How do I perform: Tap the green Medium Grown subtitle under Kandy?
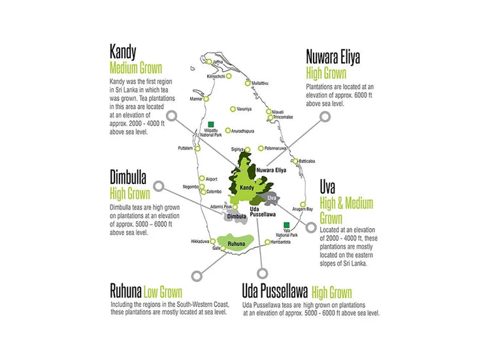[136, 68]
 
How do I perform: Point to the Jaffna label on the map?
[218, 62]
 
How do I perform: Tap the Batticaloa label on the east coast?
[307, 161]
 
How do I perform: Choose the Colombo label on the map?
[214, 191]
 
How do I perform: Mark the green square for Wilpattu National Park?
[210, 123]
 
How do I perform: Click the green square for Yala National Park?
[286, 225]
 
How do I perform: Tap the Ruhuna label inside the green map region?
[236, 244]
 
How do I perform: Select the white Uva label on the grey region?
[272, 197]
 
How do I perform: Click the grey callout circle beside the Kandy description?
[172, 116]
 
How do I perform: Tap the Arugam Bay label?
[302, 209]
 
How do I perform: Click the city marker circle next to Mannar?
[206, 99]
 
